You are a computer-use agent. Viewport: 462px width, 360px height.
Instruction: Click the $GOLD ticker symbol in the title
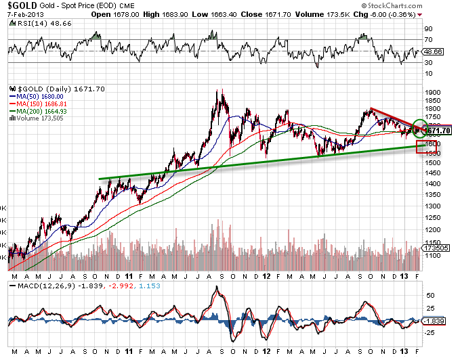(16, 5)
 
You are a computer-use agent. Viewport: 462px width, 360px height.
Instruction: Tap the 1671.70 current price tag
(440, 131)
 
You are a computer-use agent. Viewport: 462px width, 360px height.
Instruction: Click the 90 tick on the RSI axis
(429, 30)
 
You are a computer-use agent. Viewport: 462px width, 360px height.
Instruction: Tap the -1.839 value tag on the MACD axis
(434, 320)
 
